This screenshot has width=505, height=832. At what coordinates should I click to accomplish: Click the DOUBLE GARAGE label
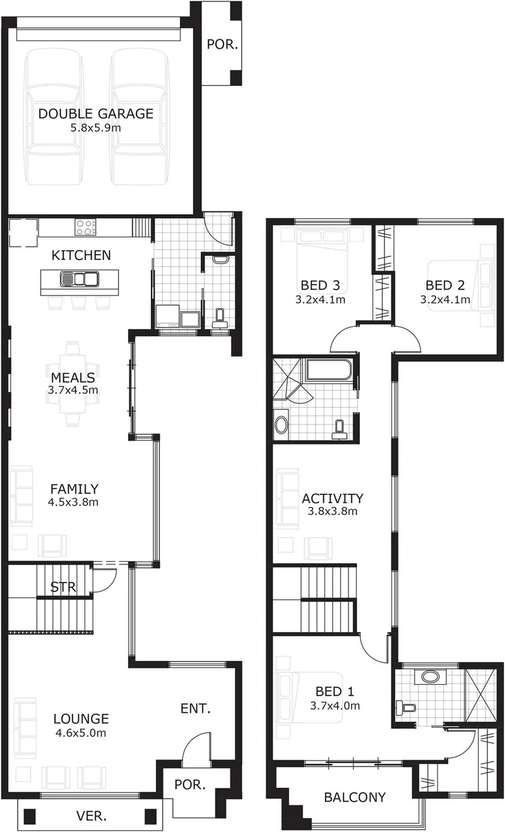point(96,114)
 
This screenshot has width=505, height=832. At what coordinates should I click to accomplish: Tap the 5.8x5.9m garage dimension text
point(96,129)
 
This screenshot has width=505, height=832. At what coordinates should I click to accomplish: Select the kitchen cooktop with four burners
point(85,227)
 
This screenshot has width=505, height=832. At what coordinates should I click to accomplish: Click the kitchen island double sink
point(79,278)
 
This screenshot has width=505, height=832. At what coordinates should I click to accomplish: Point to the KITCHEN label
point(81,256)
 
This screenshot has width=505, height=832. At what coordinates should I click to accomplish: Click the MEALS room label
point(73,377)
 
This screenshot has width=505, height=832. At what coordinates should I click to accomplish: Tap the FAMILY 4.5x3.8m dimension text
point(73,502)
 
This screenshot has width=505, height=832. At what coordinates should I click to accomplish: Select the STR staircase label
point(63,587)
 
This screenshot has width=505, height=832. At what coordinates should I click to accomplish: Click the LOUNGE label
point(81,719)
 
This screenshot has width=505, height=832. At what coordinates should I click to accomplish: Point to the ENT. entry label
point(196,708)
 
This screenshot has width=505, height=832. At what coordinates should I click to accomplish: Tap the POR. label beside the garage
point(222,45)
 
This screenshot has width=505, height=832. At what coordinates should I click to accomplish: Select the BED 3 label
point(320,285)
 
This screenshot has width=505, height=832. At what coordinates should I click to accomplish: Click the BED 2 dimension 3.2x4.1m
point(445,299)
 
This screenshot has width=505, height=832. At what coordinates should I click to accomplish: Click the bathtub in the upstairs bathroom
point(328,369)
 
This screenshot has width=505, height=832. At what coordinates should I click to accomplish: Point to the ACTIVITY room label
point(332,499)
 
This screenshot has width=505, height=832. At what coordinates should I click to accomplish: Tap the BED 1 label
point(335,692)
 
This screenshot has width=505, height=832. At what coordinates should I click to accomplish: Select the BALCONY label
point(355,797)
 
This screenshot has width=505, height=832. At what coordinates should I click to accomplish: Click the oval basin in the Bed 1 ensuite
point(431,676)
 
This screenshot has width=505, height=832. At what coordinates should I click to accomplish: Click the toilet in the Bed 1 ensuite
point(405,706)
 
